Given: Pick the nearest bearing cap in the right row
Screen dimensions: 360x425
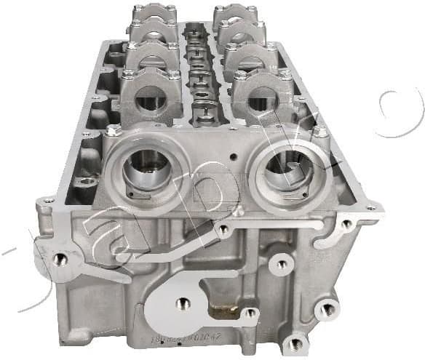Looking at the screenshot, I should click(x=261, y=93).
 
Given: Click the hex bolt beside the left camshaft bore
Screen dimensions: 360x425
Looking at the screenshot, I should click(x=114, y=130).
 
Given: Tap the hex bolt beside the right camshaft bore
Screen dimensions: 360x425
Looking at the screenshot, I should click(x=320, y=132).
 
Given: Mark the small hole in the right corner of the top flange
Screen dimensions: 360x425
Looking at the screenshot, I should click(x=370, y=208).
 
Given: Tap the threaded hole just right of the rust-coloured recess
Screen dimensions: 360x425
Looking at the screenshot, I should click(x=250, y=313).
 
